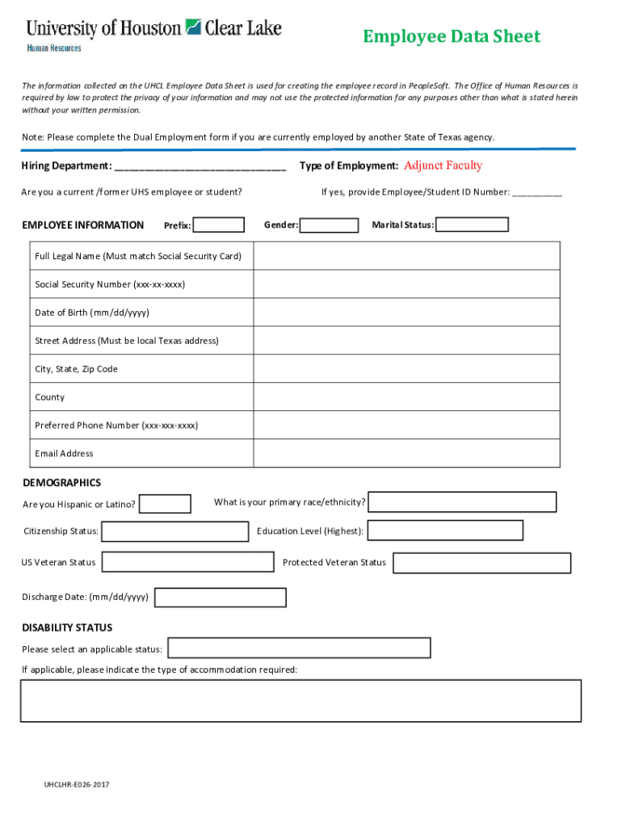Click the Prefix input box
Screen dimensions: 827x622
click(219, 225)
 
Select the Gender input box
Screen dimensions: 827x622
click(329, 225)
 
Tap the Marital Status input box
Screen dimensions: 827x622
click(472, 225)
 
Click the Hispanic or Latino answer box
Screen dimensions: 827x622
click(165, 504)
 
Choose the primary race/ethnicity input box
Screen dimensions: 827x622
click(462, 502)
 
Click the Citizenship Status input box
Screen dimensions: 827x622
click(174, 531)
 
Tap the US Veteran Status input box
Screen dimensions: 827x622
click(187, 562)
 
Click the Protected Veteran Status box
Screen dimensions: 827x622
click(481, 563)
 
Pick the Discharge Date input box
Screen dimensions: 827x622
click(220, 598)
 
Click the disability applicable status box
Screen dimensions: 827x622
click(299, 649)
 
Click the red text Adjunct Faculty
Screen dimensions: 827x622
click(443, 166)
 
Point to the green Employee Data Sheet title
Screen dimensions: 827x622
click(451, 36)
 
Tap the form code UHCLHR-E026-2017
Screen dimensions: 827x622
click(77, 784)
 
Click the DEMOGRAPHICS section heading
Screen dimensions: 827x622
click(61, 483)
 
